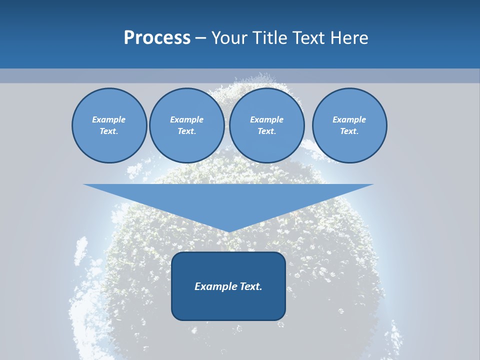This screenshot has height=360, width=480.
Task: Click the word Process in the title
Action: (x=157, y=38)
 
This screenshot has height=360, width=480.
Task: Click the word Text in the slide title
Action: (x=310, y=38)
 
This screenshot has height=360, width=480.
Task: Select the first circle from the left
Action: (x=109, y=125)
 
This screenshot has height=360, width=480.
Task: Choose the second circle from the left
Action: (x=186, y=125)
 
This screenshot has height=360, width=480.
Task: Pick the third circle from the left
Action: (x=266, y=125)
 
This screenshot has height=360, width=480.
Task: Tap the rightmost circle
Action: (x=349, y=125)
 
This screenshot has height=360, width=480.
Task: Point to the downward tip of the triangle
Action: (x=228, y=231)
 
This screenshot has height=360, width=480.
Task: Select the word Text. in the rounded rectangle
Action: (x=250, y=286)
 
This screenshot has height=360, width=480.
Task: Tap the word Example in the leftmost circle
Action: (x=109, y=119)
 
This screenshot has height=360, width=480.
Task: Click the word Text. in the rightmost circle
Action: (x=349, y=131)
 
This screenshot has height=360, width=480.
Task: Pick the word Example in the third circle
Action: (x=266, y=119)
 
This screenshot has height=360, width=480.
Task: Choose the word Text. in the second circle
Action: (x=186, y=131)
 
